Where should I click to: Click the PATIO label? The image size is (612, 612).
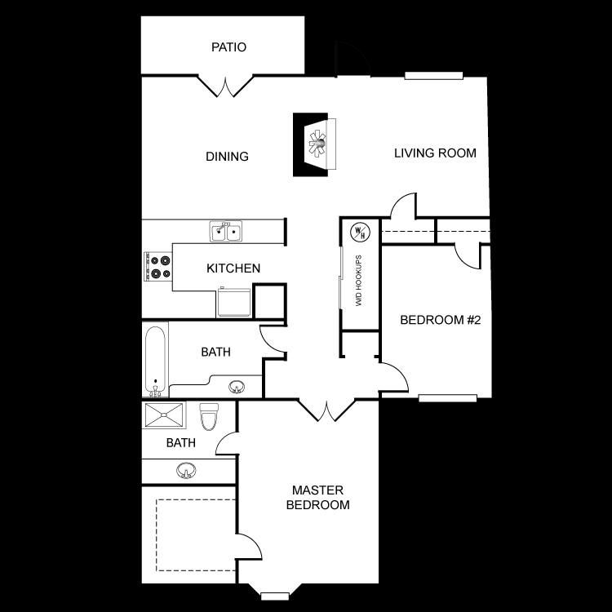point(228,47)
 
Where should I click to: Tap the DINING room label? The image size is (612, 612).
point(227,157)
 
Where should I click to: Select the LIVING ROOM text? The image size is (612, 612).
point(435,153)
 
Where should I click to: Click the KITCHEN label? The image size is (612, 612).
point(233,268)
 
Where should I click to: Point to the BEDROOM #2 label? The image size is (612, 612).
point(441,320)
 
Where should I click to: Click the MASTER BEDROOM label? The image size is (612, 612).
point(317,498)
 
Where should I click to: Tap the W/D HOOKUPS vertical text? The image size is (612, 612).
point(358,281)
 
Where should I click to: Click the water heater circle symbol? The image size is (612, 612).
point(360,232)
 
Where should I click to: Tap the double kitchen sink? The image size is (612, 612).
point(226,233)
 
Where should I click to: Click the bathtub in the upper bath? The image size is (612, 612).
point(155,359)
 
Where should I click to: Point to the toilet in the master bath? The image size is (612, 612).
point(210,416)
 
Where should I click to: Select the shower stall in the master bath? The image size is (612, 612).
point(166,415)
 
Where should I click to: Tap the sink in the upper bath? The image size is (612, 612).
point(237,386)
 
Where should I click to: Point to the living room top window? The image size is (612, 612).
point(434,76)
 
